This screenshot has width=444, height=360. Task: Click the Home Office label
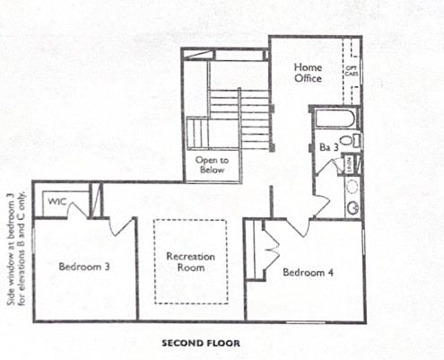pos(308,73)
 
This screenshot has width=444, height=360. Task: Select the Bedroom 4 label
pos(308,272)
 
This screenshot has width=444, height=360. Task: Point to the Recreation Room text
pos(189,261)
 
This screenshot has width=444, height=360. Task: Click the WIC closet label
pos(58,201)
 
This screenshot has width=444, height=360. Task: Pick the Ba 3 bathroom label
pos(327,146)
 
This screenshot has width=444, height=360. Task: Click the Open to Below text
pos(212,165)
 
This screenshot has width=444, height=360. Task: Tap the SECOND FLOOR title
pos(200,342)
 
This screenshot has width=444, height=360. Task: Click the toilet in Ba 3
pos(353,141)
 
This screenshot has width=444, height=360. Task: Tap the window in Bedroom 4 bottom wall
pos(306,321)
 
